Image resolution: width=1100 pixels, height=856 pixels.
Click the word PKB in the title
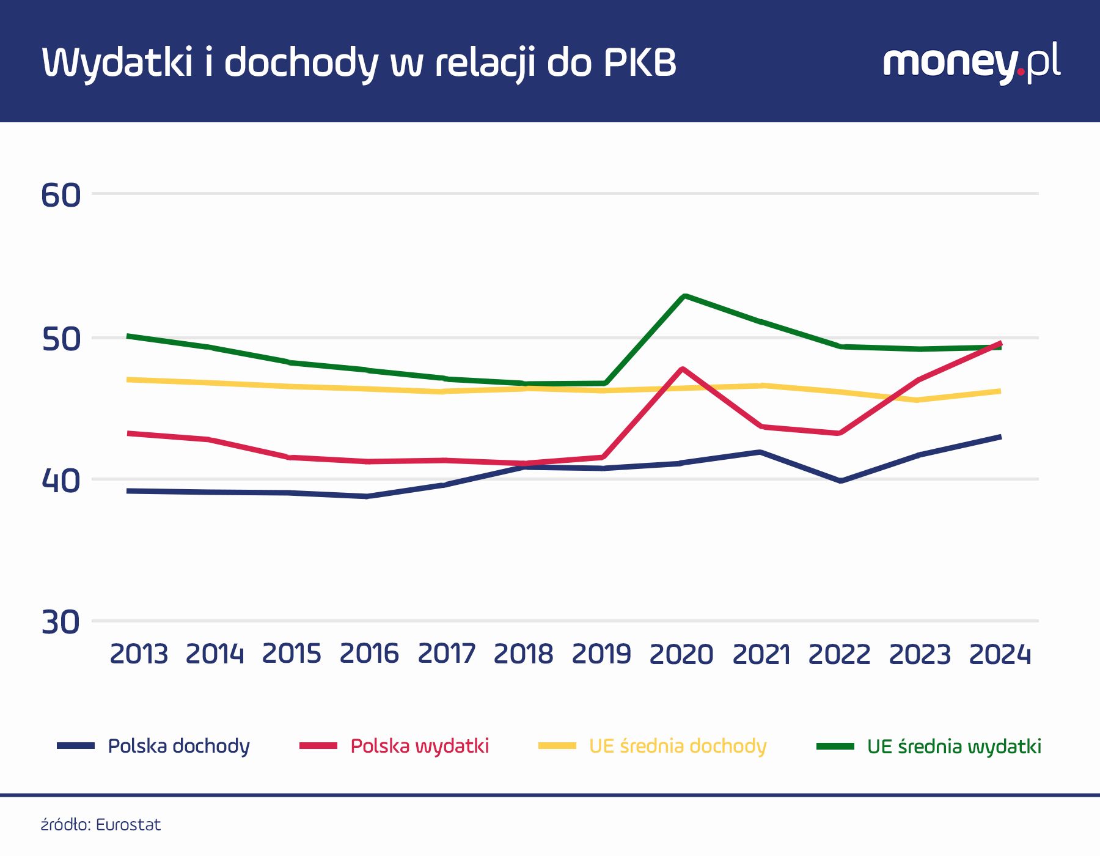[640, 62]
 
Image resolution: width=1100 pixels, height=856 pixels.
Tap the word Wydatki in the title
[117, 62]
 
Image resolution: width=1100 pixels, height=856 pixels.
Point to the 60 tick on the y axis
[61, 196]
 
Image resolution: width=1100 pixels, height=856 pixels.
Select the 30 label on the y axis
[61, 622]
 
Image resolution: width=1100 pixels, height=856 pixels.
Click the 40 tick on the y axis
[61, 481]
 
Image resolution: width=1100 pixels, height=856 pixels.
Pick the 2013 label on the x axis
[139, 654]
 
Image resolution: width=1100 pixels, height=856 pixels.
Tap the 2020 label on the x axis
[681, 654]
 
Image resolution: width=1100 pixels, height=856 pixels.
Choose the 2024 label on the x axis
[1000, 654]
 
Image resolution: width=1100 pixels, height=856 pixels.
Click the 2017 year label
[446, 654]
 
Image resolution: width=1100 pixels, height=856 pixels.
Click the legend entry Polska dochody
[178, 746]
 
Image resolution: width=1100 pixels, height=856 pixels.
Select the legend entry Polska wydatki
[419, 746]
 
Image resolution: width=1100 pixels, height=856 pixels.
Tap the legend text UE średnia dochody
[677, 746]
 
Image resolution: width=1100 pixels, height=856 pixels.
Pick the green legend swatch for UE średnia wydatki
[835, 746]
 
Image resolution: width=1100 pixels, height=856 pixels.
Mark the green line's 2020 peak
[684, 297]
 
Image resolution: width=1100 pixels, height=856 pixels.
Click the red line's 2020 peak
[683, 369]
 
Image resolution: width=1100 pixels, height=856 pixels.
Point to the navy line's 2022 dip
[842, 481]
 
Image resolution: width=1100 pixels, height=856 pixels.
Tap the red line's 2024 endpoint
[1000, 343]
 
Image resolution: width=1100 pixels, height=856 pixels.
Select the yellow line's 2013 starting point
[128, 380]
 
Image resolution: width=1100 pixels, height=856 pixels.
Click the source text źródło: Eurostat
[101, 825]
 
